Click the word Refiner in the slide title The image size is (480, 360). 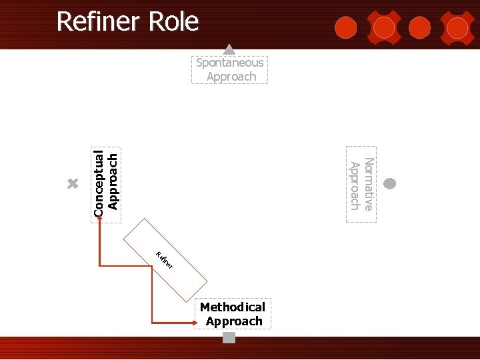pyautogui.click(x=99, y=22)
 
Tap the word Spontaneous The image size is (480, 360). pyautogui.click(x=230, y=63)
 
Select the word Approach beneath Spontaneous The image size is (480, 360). pyautogui.click(x=231, y=77)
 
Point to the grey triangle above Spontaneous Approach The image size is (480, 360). pyautogui.click(x=229, y=49)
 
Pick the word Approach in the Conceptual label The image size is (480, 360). pyautogui.click(x=113, y=181)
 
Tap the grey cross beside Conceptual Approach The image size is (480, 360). pyautogui.click(x=73, y=183)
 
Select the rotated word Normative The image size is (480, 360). pyautogui.click(x=369, y=184)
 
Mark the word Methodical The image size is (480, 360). pyautogui.click(x=233, y=307)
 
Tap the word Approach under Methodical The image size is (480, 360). pyautogui.click(x=234, y=321)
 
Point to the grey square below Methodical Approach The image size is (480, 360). pyautogui.click(x=229, y=338)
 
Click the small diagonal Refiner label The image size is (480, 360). pyautogui.click(x=165, y=261)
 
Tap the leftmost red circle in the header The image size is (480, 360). pyautogui.click(x=345, y=27)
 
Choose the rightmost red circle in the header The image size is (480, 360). pyautogui.click(x=457, y=27)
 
